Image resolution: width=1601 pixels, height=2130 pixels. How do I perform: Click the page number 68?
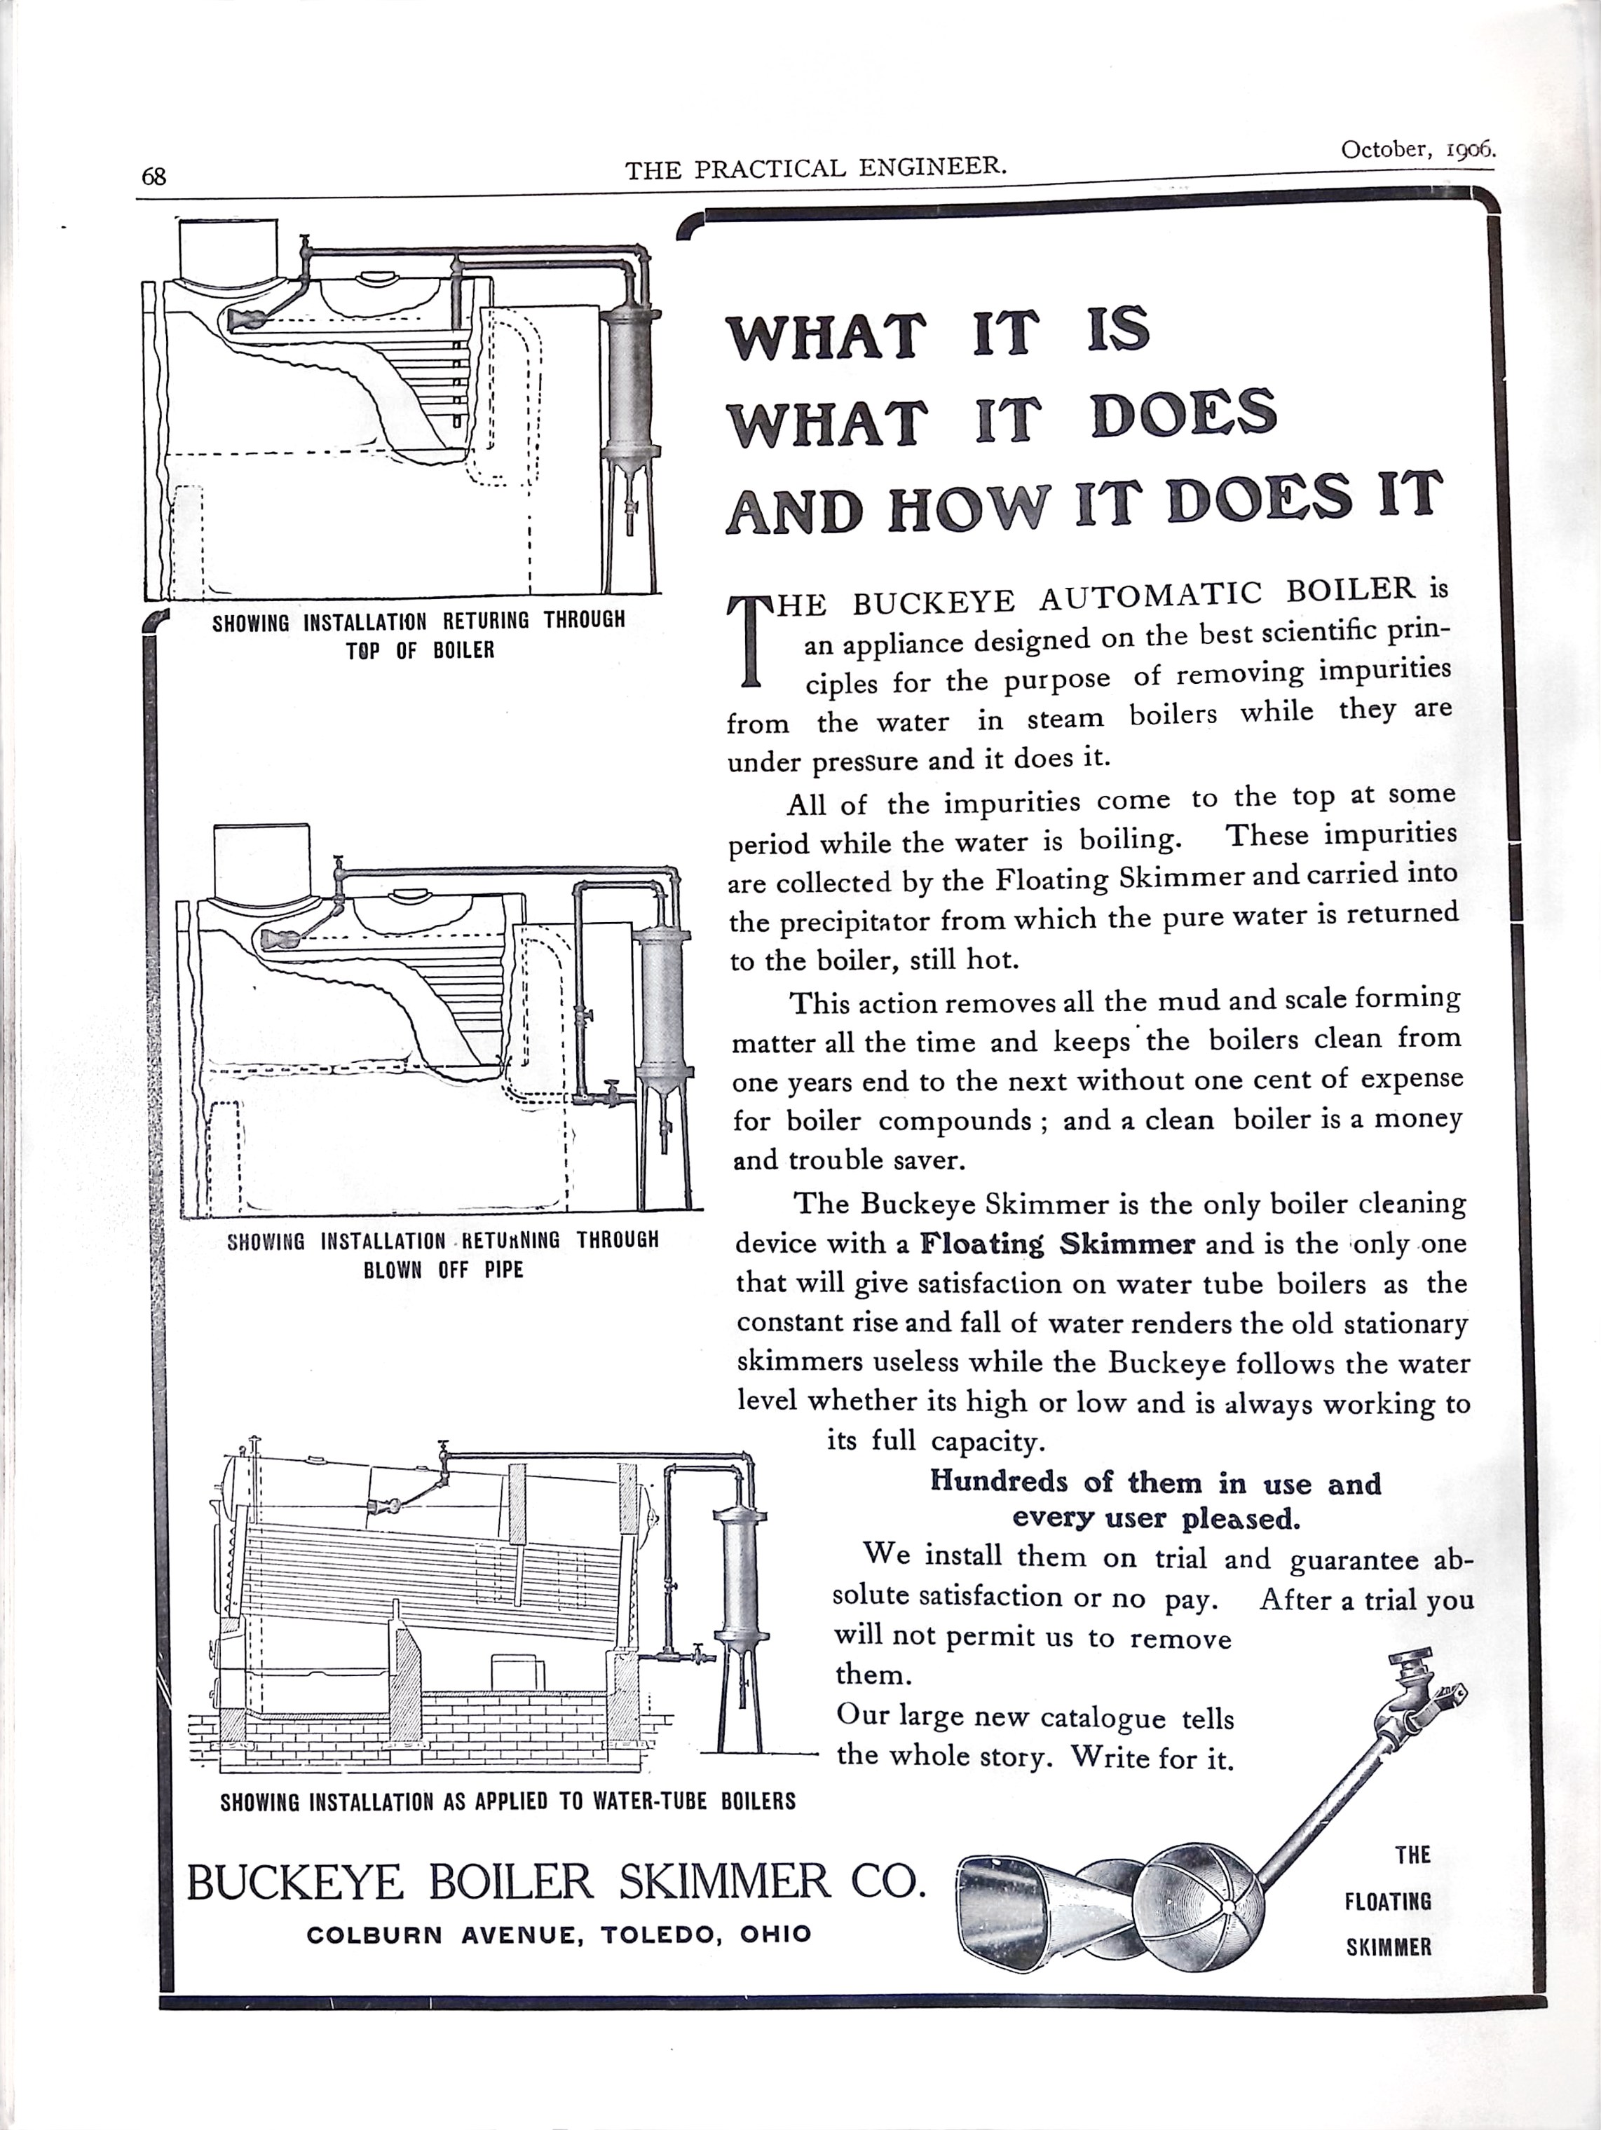pos(154,177)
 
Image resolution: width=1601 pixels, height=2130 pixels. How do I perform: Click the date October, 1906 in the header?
pos(1417,150)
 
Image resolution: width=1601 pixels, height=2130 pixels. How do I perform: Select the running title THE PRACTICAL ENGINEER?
pos(816,167)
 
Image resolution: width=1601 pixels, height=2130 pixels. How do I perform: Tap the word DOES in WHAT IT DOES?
pos(1184,414)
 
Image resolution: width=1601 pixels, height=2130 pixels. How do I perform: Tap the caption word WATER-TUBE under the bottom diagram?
pos(646,1801)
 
